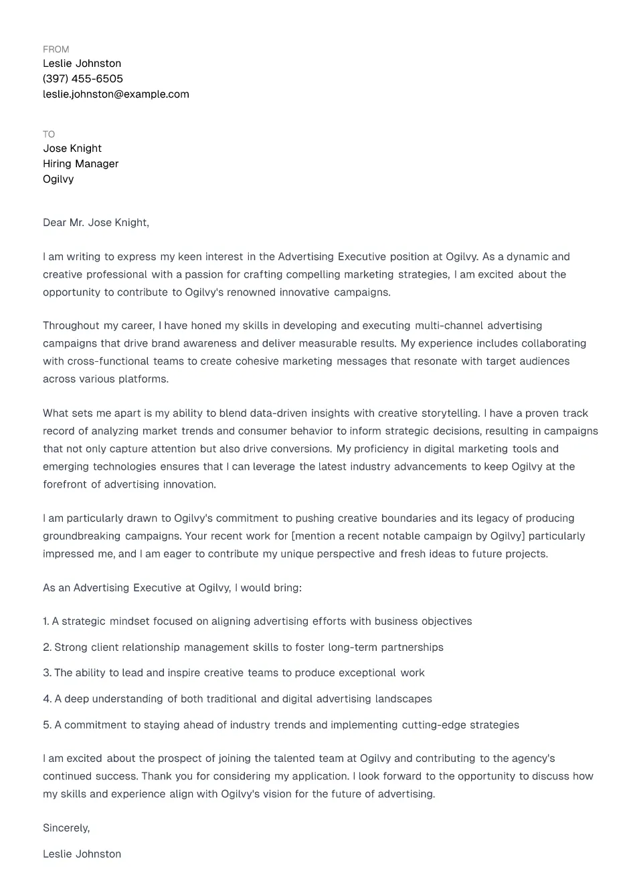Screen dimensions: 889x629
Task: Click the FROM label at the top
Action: click(56, 50)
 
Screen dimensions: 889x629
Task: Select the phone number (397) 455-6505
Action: click(83, 79)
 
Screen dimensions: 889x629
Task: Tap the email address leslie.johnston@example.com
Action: click(116, 94)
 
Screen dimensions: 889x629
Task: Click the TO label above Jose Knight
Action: click(49, 134)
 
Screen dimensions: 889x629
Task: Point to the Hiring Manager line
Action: click(80, 164)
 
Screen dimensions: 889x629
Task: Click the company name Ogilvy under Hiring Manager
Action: click(58, 179)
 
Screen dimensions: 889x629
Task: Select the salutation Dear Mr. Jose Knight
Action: click(96, 223)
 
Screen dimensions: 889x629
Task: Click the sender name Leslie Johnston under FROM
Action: click(82, 64)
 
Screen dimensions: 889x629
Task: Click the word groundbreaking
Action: click(82, 536)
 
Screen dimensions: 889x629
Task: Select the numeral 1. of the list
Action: click(46, 621)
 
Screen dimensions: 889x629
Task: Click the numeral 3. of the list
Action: click(47, 673)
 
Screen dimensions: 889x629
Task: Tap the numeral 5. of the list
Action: click(47, 725)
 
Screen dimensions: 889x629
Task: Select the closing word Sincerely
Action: click(66, 828)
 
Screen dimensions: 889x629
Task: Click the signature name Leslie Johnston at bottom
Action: click(82, 854)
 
